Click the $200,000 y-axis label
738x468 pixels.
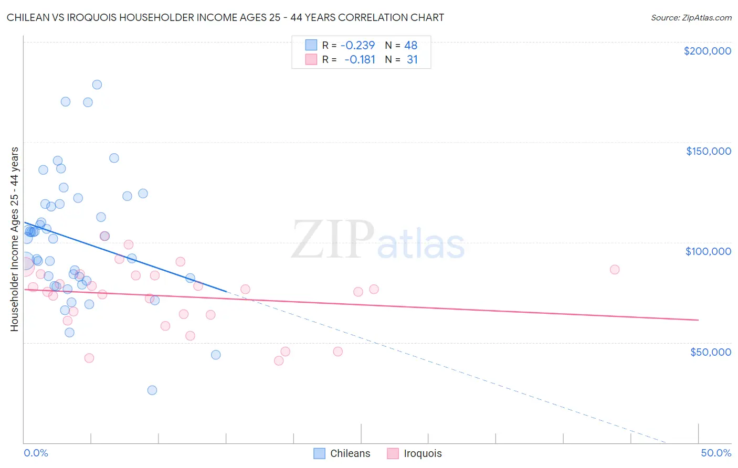coord(707,51)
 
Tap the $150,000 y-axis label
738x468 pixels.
coord(708,151)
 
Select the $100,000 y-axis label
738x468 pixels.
coord(708,251)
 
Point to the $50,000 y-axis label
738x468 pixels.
coord(710,352)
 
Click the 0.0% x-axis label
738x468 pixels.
coord(36,453)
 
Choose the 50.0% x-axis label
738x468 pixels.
coord(716,453)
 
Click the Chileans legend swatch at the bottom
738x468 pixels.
coord(319,453)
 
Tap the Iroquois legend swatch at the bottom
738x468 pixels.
coord(393,453)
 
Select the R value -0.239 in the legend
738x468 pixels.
coord(357,45)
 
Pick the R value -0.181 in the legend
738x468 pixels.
coord(360,60)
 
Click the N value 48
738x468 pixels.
coord(410,45)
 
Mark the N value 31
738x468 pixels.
coord(412,60)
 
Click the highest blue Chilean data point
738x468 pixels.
coord(97,84)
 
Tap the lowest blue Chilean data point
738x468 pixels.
coord(152,390)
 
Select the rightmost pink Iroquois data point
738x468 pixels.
coord(615,269)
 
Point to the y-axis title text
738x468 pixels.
coord(14,239)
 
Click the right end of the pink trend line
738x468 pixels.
coord(698,320)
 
